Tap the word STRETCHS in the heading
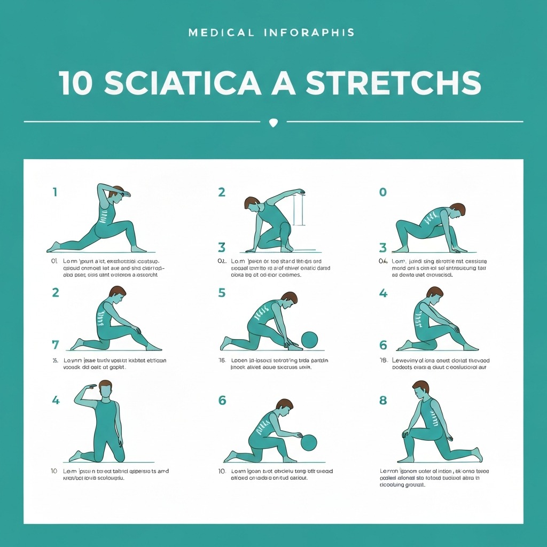393,83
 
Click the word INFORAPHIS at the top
309,33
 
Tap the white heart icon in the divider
273,122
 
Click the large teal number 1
54,192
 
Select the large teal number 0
382,192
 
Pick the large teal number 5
222,293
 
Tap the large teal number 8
383,400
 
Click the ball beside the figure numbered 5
309,340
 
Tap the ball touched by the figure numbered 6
309,442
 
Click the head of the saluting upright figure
106,389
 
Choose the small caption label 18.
383,361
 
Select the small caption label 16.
222,361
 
